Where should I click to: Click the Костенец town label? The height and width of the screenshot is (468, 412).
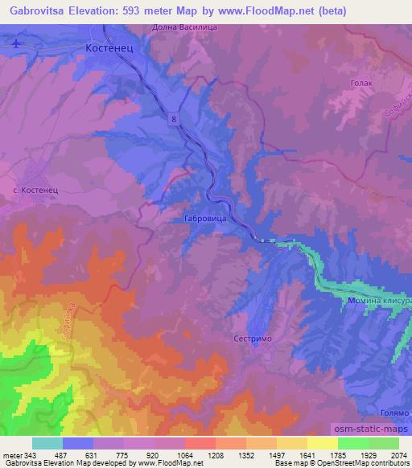point(108,49)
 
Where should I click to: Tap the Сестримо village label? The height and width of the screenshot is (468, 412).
point(253,339)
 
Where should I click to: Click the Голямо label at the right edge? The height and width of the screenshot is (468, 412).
point(394,412)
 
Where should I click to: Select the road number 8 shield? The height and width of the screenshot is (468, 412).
point(173,118)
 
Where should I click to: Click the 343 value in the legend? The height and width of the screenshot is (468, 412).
point(28,455)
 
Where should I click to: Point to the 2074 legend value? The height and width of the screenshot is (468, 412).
point(389,455)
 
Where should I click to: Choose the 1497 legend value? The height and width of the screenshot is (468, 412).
point(253,455)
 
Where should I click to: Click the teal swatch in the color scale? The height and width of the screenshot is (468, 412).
point(47,443)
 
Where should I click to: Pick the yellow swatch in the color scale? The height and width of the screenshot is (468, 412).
point(323,443)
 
